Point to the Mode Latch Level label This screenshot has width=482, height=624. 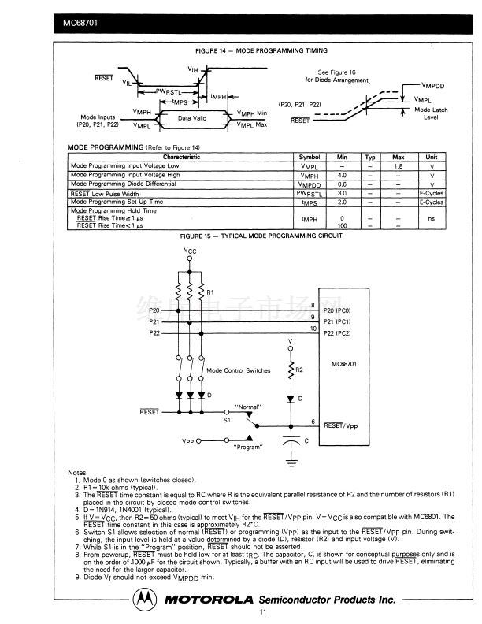click(x=431, y=113)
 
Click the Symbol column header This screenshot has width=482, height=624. click(x=310, y=158)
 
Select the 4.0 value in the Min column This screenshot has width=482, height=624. click(x=342, y=175)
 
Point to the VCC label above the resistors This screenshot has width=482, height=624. click(x=190, y=251)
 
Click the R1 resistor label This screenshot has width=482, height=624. click(x=210, y=292)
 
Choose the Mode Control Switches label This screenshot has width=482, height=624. click(x=238, y=370)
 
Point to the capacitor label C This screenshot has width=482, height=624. click(x=306, y=440)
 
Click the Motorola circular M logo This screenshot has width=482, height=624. click(x=143, y=599)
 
